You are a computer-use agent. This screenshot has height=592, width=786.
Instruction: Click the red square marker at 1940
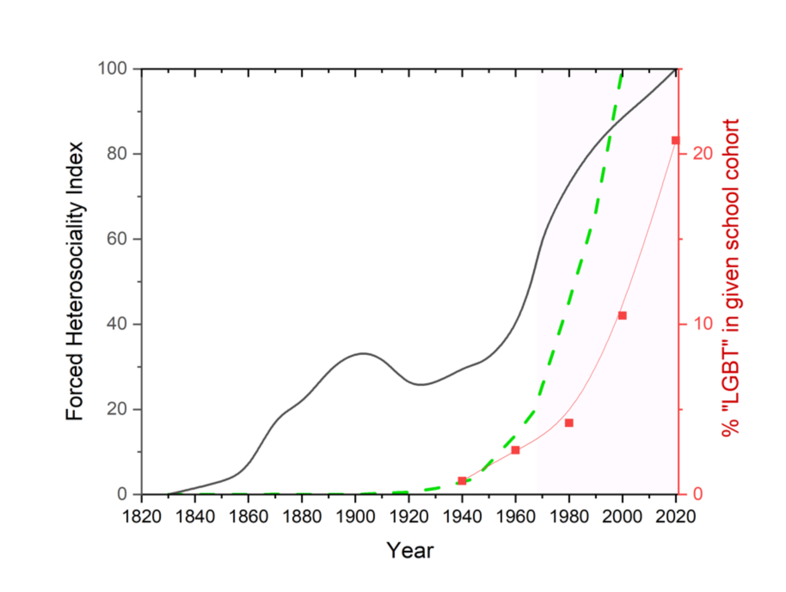click(x=462, y=481)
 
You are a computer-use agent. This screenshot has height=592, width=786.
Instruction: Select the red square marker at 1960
click(x=516, y=450)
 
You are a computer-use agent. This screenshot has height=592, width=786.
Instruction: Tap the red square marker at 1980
click(x=569, y=423)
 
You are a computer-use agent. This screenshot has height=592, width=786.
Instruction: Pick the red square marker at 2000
click(x=622, y=316)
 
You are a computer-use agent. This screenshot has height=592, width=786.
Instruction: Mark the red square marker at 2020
click(x=675, y=140)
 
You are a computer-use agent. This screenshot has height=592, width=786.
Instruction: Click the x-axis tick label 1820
click(x=142, y=516)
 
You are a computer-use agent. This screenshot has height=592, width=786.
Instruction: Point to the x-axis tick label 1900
click(x=355, y=516)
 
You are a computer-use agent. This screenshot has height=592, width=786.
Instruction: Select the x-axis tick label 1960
click(x=516, y=516)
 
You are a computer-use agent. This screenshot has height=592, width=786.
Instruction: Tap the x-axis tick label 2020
click(x=675, y=516)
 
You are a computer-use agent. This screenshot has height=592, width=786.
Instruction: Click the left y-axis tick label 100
click(x=113, y=68)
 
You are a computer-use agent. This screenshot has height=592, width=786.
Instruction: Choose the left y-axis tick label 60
click(x=117, y=239)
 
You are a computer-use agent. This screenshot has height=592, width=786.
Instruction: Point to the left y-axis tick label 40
click(x=117, y=324)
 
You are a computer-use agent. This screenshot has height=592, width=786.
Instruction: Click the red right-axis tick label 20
click(x=703, y=153)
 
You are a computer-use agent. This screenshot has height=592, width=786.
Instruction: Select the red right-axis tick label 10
click(x=703, y=324)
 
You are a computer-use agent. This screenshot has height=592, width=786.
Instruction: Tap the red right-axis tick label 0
click(x=698, y=494)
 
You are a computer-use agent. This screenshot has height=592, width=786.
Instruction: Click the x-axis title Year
click(x=410, y=551)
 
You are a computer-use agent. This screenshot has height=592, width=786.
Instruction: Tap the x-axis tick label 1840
click(x=195, y=516)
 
